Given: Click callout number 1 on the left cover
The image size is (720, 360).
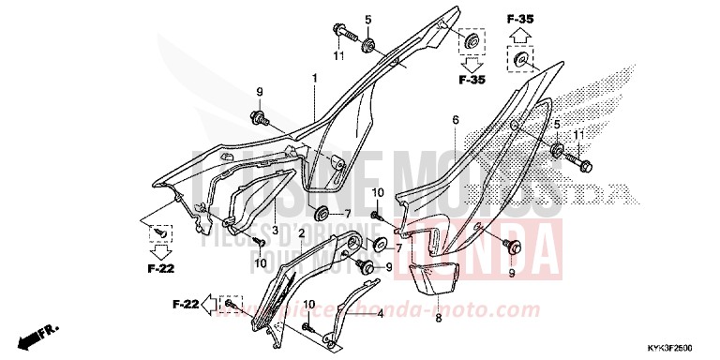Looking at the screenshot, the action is pyautogui.click(x=315, y=78).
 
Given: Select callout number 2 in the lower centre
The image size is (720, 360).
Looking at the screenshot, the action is pyautogui.click(x=301, y=231).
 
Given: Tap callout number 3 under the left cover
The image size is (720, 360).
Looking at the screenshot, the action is pyautogui.click(x=276, y=231).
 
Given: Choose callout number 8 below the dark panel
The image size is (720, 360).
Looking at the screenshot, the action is pyautogui.click(x=437, y=318).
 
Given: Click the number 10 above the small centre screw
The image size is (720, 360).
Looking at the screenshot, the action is pyautogui.click(x=378, y=192).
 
